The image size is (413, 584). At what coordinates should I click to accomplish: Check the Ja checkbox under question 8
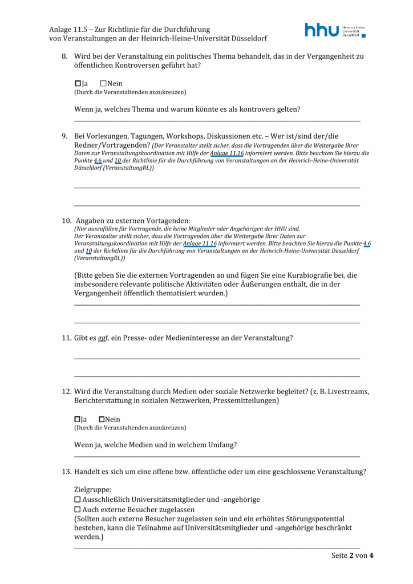78,84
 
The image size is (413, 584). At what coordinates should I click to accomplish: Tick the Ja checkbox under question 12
78,419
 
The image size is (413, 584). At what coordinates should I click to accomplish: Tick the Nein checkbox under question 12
102,419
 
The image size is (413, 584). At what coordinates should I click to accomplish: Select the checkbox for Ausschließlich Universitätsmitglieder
78,500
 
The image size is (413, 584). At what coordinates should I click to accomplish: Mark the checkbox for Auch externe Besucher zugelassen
78,509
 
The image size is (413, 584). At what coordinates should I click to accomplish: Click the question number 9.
64,136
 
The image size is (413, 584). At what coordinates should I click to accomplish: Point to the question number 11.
66,338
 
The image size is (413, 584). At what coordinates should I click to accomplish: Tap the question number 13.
66,472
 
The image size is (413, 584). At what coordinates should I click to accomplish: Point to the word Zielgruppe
92,489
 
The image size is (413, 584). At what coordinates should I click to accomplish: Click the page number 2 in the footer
352,555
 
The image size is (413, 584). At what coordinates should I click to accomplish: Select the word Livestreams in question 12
348,392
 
